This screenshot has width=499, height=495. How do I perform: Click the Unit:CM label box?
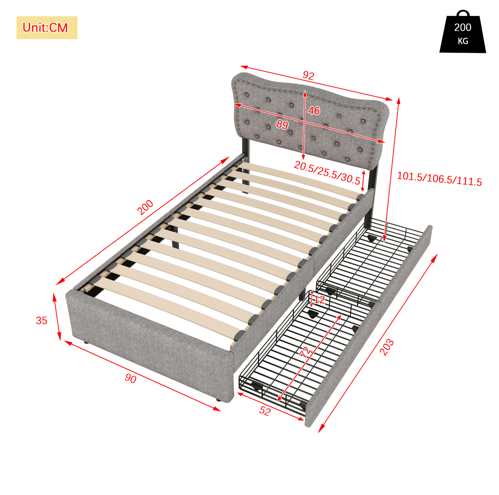(47, 28)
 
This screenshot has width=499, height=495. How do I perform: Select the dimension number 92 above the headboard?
(308, 75)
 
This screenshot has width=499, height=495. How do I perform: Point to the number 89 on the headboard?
(282, 125)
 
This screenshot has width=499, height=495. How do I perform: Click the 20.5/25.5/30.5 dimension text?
(327, 173)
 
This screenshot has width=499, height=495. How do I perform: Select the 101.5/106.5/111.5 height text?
(439, 179)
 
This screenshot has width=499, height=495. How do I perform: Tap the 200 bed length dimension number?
(145, 207)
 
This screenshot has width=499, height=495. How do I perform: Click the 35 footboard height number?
(42, 321)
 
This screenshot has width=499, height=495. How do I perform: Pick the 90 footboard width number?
(131, 378)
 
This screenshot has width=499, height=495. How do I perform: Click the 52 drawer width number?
(264, 411)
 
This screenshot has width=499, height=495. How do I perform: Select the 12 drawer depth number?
(319, 300)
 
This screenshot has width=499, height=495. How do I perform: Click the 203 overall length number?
(387, 347)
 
